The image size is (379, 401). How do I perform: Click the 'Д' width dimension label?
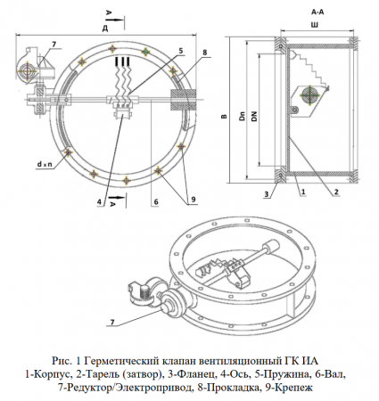106,29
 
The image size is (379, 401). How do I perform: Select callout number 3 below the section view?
266,192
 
